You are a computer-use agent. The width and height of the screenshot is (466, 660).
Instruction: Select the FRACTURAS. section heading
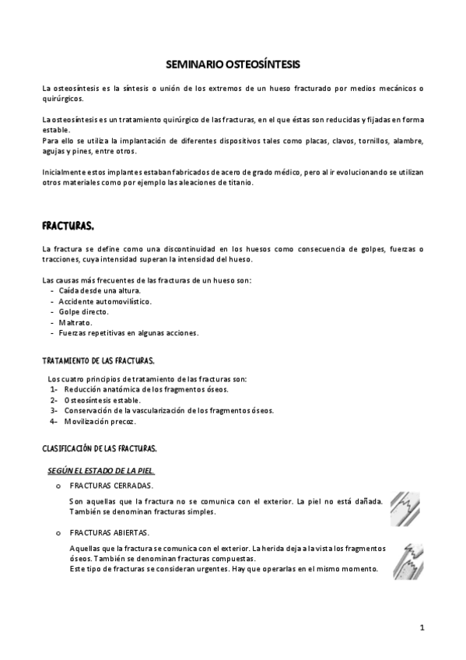[x=68, y=226]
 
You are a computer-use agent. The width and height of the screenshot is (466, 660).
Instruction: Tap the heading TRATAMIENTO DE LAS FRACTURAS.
[x=97, y=360]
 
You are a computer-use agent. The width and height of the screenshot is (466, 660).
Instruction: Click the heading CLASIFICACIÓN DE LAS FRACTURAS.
[x=100, y=449]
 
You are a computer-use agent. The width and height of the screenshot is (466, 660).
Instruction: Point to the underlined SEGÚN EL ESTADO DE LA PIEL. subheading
[x=101, y=469]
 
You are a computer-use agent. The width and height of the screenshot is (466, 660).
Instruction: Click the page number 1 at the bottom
[x=422, y=627]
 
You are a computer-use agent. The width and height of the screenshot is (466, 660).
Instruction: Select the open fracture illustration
[x=401, y=559]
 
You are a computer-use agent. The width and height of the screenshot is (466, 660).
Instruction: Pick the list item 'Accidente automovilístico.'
[x=105, y=300]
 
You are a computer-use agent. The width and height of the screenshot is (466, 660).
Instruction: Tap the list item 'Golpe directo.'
[x=84, y=311]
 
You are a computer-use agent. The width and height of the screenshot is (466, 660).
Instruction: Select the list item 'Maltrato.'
[x=75, y=321]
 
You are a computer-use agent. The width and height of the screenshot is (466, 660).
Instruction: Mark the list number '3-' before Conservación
[x=54, y=411]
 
